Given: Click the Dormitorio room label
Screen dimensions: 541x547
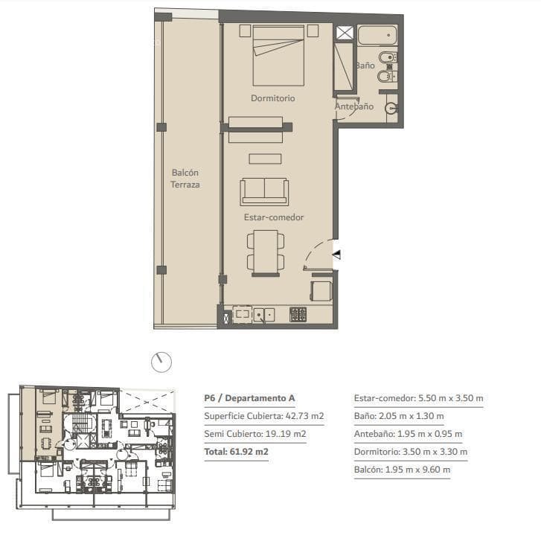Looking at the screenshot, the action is tap(273, 98).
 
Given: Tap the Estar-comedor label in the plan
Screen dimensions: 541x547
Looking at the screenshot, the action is tap(274, 217).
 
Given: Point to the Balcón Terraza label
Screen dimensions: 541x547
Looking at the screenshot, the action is tap(185, 179).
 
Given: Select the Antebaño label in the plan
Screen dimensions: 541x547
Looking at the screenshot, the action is tap(354, 106).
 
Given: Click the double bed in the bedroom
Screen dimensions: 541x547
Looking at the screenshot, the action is tap(278, 56).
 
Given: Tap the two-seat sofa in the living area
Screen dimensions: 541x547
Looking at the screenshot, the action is tap(264, 191).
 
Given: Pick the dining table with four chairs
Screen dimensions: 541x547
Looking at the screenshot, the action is tap(266, 253).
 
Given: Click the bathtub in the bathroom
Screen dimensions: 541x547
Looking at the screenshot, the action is tap(377, 35).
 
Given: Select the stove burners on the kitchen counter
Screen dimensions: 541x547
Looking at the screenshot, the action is tap(298, 314).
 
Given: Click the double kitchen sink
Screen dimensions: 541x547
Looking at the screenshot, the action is tap(264, 315).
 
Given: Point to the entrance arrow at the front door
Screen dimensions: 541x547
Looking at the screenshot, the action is tap(336, 255).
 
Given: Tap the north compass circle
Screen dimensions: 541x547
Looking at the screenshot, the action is tap(161, 362).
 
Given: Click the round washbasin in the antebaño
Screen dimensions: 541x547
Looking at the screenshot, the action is tap(391, 108).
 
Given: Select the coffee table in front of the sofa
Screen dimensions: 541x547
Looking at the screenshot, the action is tap(265, 159).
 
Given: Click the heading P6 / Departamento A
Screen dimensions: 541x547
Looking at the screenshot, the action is tap(250, 398).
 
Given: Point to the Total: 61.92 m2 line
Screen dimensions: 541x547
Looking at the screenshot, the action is tap(237, 452).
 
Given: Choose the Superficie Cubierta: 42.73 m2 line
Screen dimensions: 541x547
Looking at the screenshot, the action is tap(264, 416).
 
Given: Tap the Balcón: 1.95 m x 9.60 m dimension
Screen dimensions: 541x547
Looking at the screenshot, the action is tap(402, 470).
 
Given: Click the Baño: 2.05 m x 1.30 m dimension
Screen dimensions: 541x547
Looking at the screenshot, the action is tap(399, 416).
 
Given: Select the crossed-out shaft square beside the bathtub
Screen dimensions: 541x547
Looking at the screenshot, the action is tap(345, 33).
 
